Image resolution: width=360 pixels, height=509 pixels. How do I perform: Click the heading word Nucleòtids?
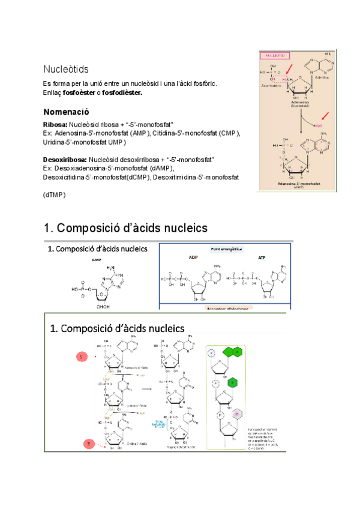[x=67, y=69]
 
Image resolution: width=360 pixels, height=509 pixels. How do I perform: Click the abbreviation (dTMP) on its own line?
[x=54, y=195]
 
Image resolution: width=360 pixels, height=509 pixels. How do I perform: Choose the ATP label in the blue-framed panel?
[x=262, y=258]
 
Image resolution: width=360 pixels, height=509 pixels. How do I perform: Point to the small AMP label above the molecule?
[x=96, y=259]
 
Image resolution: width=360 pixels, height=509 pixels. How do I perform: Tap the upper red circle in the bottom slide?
[x=81, y=357]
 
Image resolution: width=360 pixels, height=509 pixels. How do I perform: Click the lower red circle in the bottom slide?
[x=89, y=444]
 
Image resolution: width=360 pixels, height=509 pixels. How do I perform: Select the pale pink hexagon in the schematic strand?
[x=237, y=413]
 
